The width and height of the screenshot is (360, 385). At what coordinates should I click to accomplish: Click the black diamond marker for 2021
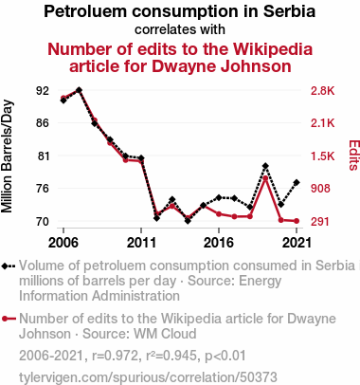click(297, 182)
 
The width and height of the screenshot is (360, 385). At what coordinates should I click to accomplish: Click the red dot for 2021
click(297, 221)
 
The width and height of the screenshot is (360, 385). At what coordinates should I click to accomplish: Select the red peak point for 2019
click(265, 178)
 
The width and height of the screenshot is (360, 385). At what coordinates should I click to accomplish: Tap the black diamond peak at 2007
click(79, 90)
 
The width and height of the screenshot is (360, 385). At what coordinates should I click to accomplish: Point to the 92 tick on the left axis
click(43, 91)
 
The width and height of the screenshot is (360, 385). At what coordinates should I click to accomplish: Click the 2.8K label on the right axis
click(322, 91)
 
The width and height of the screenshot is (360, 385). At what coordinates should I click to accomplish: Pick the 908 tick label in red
click(320, 189)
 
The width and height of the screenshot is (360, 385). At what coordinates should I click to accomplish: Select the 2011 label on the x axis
click(141, 243)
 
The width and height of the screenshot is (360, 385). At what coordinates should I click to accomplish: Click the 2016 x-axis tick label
click(219, 243)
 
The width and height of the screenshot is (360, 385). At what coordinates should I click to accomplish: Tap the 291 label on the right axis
click(320, 222)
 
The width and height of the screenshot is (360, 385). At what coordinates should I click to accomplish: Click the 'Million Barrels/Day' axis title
click(7, 156)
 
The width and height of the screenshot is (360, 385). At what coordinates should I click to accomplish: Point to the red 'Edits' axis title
click(354, 156)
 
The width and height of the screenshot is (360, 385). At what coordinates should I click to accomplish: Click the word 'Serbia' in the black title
click(289, 11)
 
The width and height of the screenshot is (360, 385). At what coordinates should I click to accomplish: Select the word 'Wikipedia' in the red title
click(273, 49)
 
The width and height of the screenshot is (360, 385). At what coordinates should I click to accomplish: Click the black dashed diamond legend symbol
click(9, 266)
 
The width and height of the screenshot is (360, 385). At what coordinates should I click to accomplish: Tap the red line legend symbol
click(9, 319)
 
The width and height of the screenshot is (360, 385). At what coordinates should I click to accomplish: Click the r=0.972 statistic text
click(115, 356)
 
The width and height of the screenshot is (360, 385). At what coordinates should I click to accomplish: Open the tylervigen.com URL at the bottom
click(148, 377)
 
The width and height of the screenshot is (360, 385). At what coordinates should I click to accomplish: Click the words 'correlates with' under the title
click(180, 29)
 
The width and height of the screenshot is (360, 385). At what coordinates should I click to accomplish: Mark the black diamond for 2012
click(156, 218)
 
